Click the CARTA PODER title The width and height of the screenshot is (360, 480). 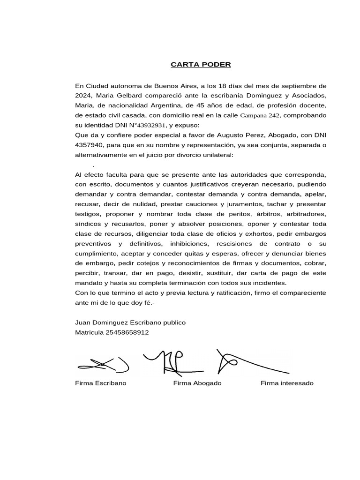click(x=201, y=64)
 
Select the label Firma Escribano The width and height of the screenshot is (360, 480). click(x=100, y=383)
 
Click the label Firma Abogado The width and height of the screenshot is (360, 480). click(x=197, y=383)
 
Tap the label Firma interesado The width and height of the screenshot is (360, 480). click(x=287, y=383)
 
